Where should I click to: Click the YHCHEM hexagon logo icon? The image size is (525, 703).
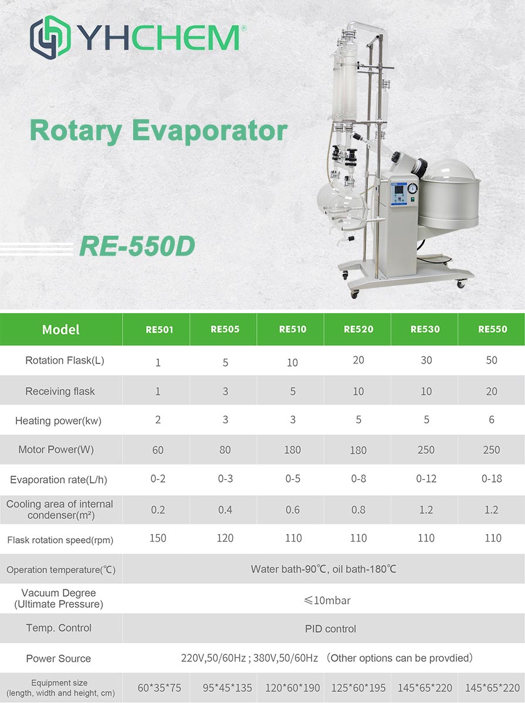50,37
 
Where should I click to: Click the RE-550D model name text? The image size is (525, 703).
137,246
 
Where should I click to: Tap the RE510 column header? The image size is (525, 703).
293,329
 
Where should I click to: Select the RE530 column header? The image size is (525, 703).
425,329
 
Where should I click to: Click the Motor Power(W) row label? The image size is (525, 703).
56,450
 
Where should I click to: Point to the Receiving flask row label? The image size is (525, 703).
60,392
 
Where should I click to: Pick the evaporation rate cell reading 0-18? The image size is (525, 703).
492,479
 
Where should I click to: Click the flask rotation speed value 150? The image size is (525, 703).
158,538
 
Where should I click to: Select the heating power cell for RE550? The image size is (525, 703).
492,420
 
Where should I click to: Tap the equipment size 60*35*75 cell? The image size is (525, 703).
160,688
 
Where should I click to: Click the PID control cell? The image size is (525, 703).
331,629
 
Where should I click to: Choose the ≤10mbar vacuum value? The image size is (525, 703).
327,600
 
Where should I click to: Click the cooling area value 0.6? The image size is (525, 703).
293,510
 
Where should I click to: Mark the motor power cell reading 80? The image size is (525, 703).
225,450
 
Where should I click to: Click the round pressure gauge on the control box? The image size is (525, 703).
412,188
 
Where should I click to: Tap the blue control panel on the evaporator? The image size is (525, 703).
398,194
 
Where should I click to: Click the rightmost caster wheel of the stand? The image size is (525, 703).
461,284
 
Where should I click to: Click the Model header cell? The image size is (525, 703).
61,330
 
